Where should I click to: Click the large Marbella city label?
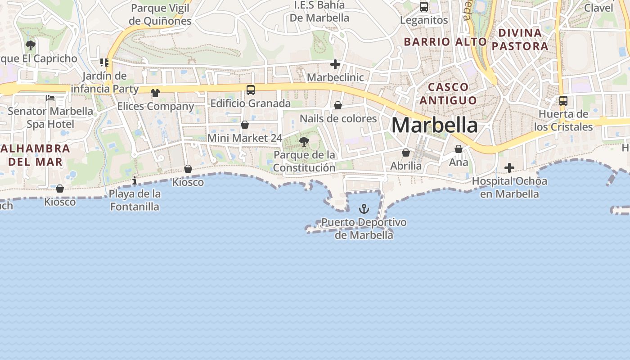tap(434, 125)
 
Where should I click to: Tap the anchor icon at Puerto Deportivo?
tap(364, 209)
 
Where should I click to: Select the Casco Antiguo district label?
tap(448, 93)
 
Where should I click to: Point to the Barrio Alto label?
tap(445, 42)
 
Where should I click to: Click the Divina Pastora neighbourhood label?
tap(520, 39)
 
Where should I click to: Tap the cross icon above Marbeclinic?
tap(335, 64)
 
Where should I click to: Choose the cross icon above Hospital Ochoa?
tap(509, 168)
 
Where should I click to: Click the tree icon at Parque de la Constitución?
tap(304, 142)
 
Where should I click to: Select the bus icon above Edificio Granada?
tap(251, 90)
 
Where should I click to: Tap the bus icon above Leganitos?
tap(423, 7)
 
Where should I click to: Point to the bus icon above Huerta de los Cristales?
tap(563, 101)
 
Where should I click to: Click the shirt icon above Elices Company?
tap(155, 93)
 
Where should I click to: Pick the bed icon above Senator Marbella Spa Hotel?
tap(50, 98)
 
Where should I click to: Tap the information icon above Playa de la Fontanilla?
tap(135, 181)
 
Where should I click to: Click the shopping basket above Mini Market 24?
tap(245, 125)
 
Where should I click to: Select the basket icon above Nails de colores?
tap(337, 105)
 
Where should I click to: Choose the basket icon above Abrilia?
tap(406, 153)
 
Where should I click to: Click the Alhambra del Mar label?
tap(36, 155)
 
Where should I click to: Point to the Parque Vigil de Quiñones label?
tap(160, 14)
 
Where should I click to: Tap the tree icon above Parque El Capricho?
tap(31, 45)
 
